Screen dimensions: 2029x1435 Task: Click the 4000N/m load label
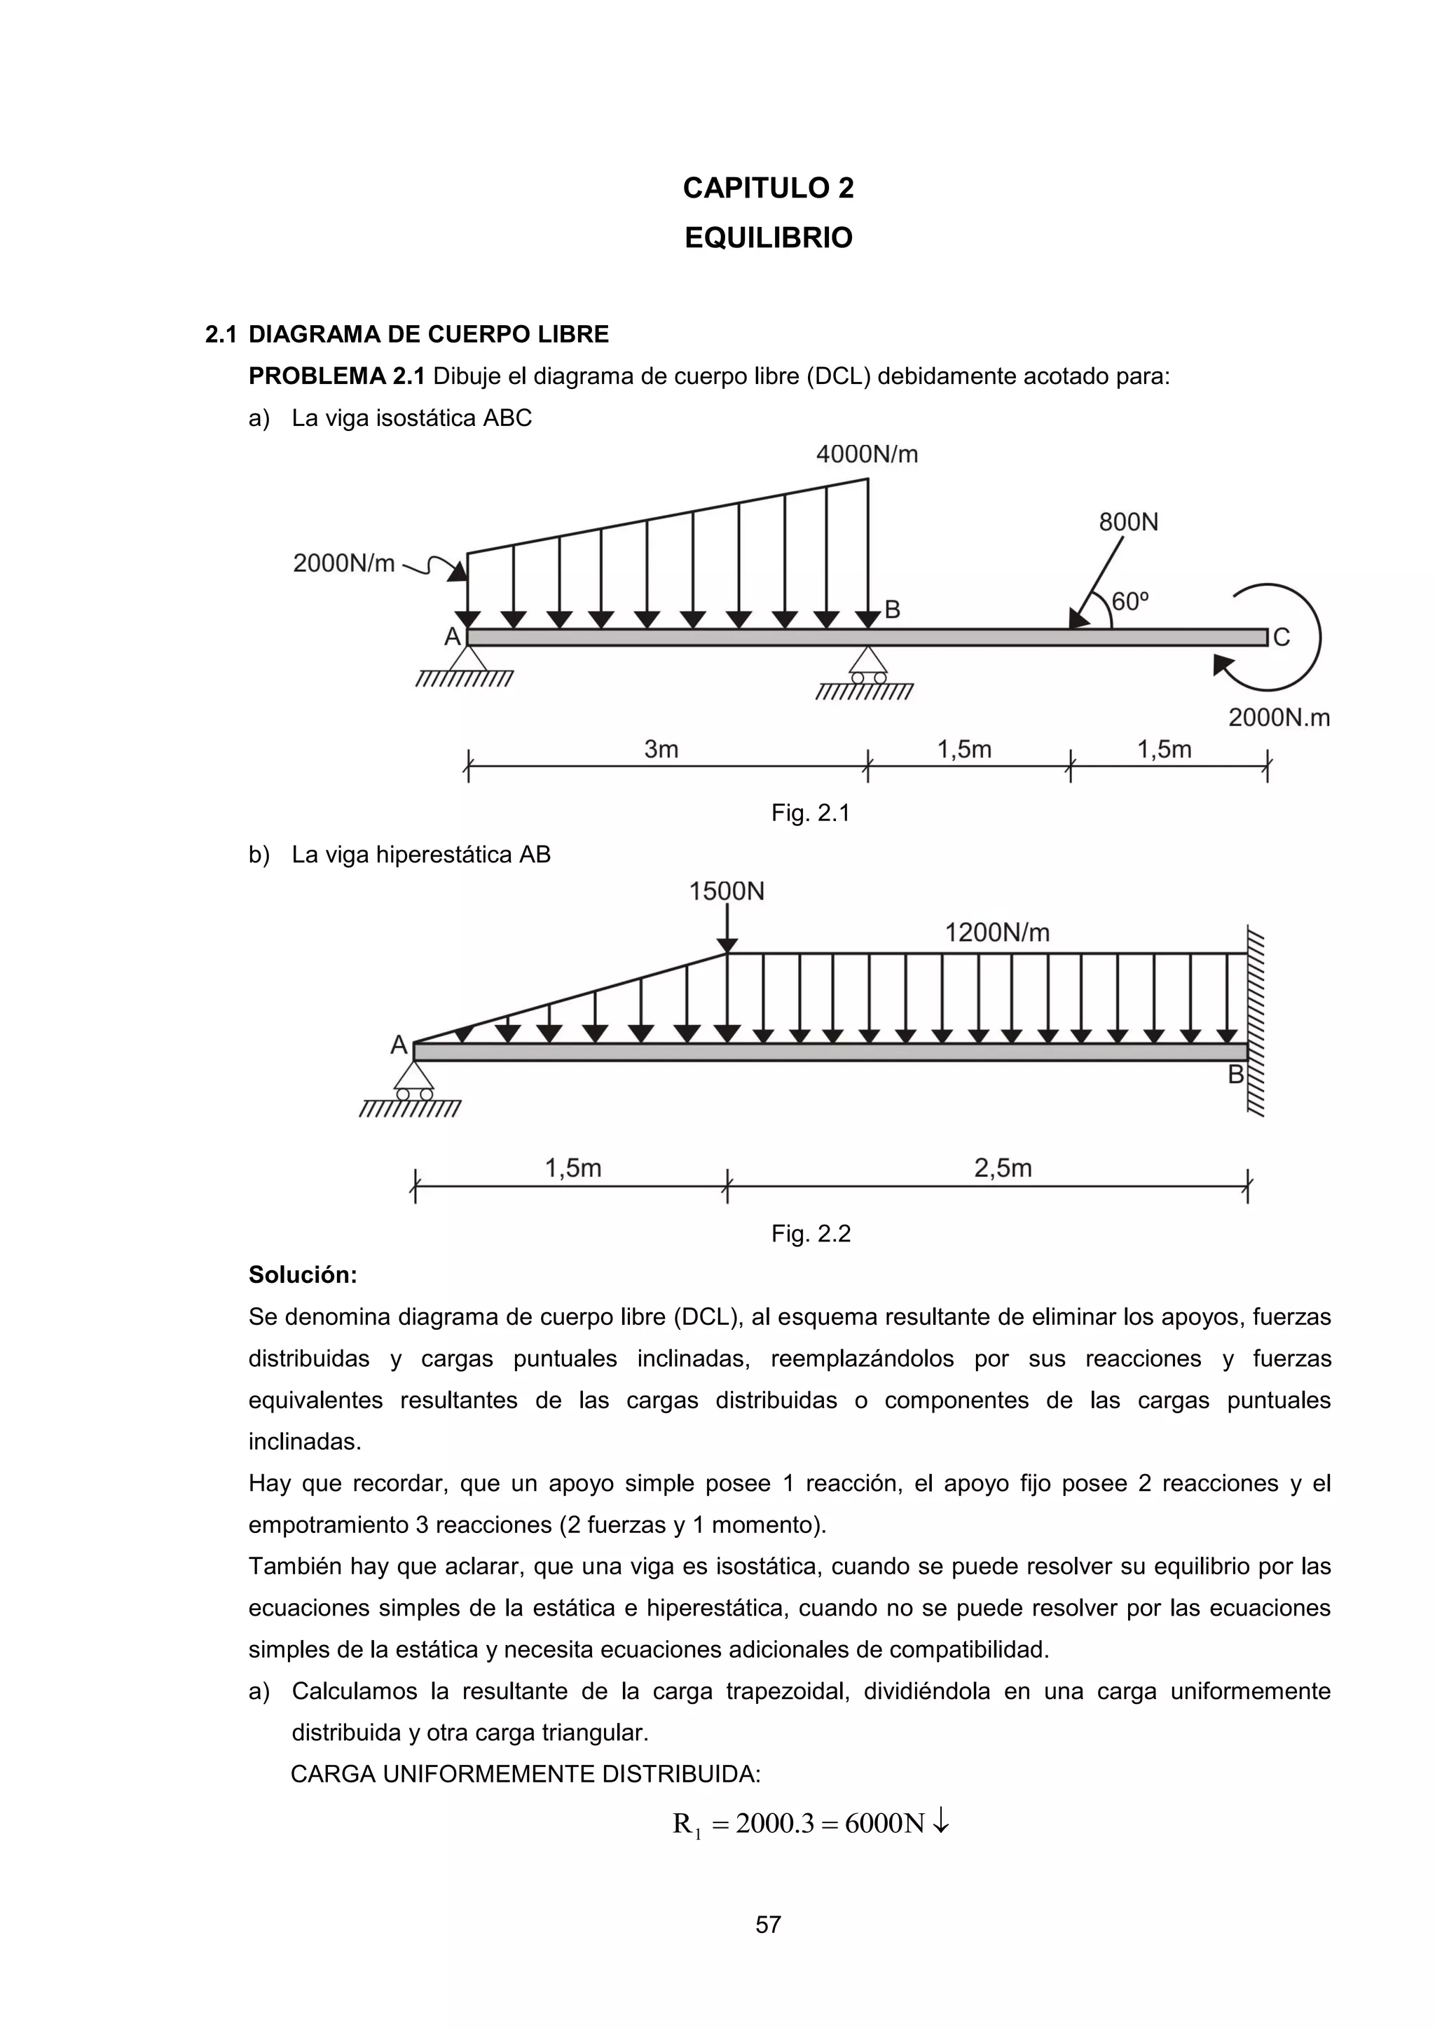point(867,454)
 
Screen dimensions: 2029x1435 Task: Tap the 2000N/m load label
point(344,563)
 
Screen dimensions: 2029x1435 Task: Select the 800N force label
point(1128,522)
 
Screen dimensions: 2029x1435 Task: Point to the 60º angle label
point(1130,602)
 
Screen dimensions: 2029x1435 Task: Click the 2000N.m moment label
point(1279,717)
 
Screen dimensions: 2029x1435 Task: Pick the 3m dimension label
point(661,750)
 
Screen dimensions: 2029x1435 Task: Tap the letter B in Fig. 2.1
point(893,610)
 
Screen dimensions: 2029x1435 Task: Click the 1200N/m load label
point(997,933)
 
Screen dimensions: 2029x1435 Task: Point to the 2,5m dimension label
point(1003,1168)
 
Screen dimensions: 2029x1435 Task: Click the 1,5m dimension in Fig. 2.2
point(572,1168)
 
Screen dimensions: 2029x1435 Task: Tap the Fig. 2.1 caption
point(810,813)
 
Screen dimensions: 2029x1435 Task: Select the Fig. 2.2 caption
point(810,1234)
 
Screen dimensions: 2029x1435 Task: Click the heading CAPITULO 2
point(768,188)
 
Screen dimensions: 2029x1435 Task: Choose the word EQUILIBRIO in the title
point(768,238)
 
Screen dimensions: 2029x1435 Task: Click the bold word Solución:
point(302,1275)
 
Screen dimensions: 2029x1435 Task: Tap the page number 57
point(768,1925)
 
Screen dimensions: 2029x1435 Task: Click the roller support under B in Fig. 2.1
point(867,665)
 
